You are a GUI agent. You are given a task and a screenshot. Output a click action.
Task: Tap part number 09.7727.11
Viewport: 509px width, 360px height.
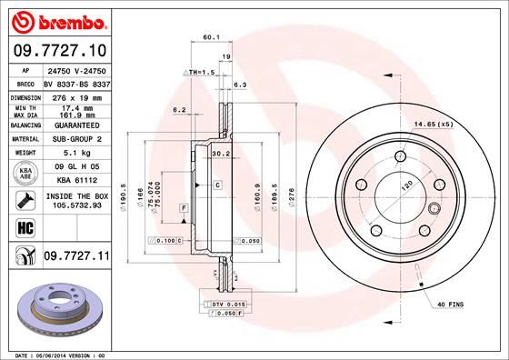(x=75, y=258)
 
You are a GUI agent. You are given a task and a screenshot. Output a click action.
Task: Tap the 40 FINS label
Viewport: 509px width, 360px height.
(x=451, y=304)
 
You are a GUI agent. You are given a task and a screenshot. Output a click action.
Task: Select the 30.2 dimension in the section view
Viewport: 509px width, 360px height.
(x=218, y=154)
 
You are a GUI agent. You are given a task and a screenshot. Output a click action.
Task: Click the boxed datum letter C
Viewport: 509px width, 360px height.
(x=219, y=185)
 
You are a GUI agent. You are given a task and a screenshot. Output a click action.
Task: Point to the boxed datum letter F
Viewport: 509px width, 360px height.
(x=184, y=209)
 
